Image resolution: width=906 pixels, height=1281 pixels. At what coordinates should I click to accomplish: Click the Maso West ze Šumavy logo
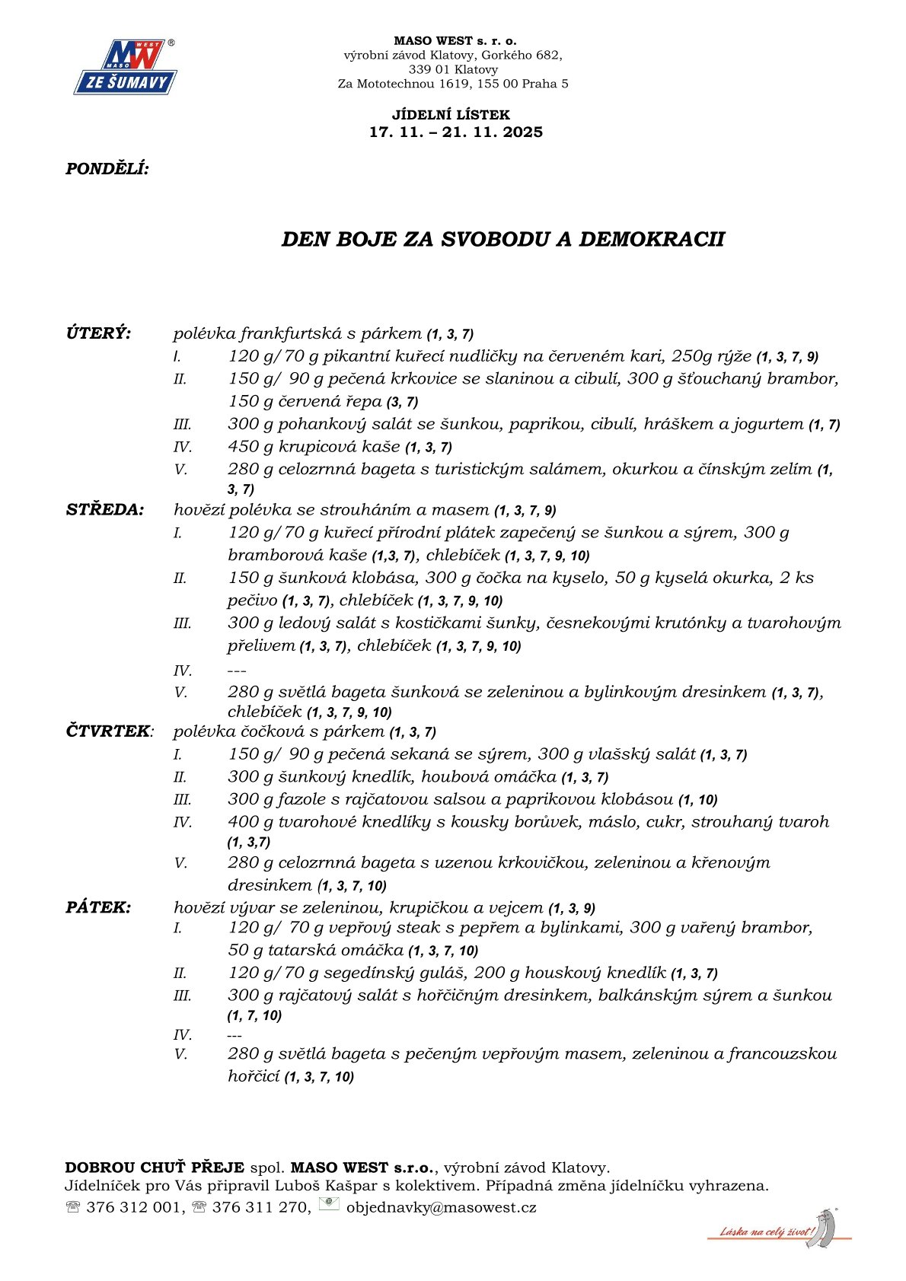[x=126, y=67]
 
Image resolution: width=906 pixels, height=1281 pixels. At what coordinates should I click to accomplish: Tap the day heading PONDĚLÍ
[x=107, y=169]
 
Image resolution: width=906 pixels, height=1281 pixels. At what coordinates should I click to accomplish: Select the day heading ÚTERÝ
[x=98, y=333]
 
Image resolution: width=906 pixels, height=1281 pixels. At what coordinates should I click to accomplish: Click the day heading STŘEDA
[x=104, y=510]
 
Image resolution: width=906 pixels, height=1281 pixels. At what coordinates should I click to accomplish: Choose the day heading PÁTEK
[x=98, y=907]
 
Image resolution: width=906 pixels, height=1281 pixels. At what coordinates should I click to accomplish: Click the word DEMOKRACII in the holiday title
[x=652, y=239]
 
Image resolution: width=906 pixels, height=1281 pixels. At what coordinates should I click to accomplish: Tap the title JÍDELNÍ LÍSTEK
[x=451, y=115]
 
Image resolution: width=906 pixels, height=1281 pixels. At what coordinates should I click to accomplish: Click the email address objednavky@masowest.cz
[x=442, y=1207]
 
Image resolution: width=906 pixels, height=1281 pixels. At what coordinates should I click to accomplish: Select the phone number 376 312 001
[x=134, y=1207]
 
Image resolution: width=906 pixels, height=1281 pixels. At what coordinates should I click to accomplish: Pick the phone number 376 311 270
[x=260, y=1207]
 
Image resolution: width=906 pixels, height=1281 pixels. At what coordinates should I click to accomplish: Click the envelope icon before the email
[x=329, y=1204]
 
